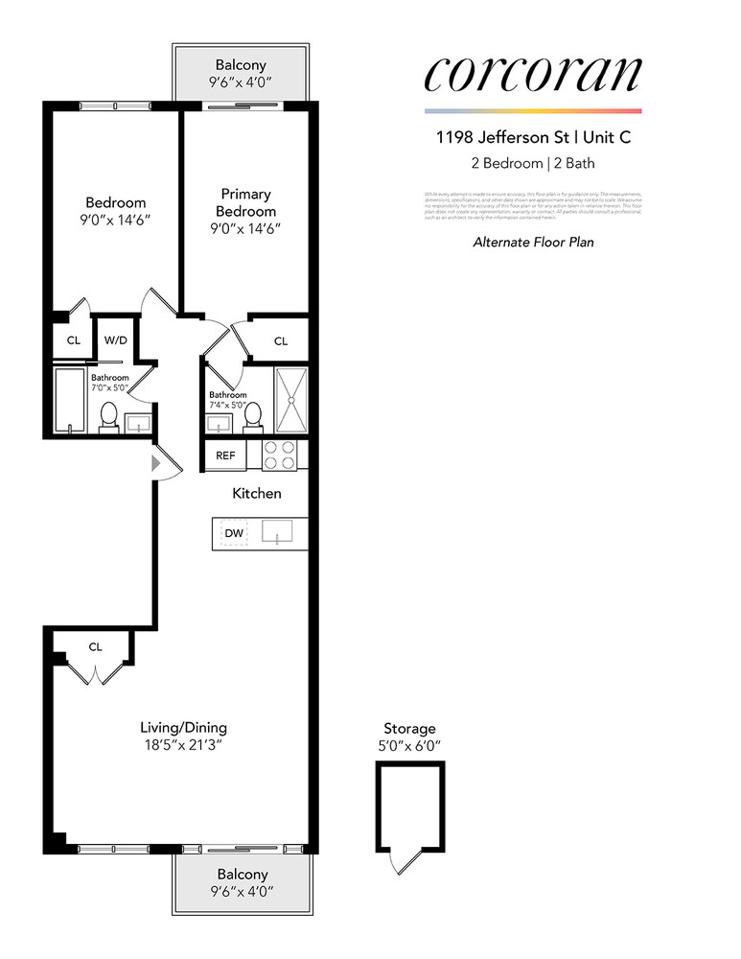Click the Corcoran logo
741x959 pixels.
click(x=532, y=75)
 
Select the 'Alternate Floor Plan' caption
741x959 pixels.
click(x=533, y=243)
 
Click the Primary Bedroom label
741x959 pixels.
click(x=245, y=203)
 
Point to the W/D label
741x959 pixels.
click(x=116, y=339)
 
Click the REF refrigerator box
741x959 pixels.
click(x=225, y=455)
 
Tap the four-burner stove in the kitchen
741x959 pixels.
click(x=281, y=455)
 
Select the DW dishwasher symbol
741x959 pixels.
click(x=234, y=533)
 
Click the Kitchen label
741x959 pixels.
click(x=257, y=494)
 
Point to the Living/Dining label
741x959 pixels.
click(x=183, y=727)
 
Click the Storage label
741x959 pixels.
click(x=409, y=729)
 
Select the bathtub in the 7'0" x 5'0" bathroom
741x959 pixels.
click(x=70, y=401)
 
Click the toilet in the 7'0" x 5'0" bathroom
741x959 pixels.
click(x=108, y=417)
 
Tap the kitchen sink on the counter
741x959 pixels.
click(x=278, y=532)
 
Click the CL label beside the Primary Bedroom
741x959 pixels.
click(x=281, y=340)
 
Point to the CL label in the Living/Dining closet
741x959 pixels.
click(x=95, y=646)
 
